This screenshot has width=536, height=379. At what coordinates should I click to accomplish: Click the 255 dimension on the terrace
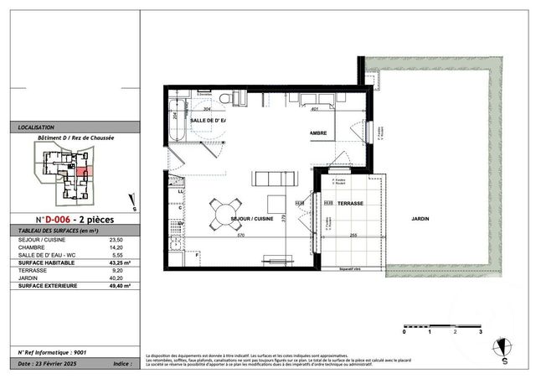(354, 235)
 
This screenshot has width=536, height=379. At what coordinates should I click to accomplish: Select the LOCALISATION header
(37, 128)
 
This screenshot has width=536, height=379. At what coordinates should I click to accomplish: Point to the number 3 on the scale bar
(480, 332)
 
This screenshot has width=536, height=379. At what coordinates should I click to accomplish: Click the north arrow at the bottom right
(504, 348)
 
